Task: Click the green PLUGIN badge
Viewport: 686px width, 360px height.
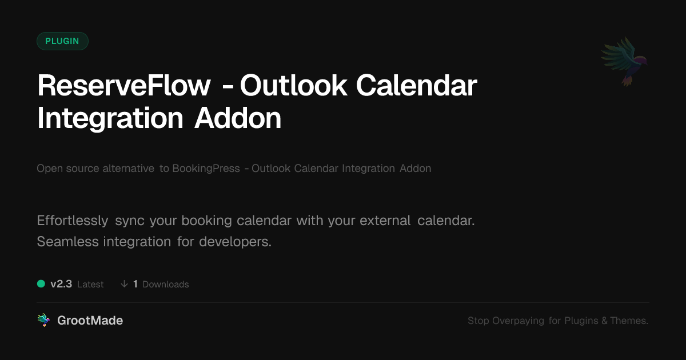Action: point(62,41)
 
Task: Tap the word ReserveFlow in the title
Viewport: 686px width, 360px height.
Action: point(124,86)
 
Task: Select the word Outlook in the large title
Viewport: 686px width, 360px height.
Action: point(294,86)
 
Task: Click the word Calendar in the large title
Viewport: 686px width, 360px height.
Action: point(417,86)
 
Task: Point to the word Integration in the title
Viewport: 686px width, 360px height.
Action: point(110,119)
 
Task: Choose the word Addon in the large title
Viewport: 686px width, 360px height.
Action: point(238,118)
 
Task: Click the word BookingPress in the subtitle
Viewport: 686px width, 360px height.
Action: point(206,169)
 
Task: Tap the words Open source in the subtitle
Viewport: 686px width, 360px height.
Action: point(67,169)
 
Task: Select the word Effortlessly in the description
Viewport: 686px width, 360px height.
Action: point(73,221)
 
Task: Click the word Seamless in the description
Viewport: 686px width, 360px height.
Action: point(67,242)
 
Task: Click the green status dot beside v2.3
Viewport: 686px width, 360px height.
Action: point(41,284)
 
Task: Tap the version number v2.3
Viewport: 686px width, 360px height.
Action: point(61,284)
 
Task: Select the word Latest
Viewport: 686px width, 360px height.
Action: point(90,285)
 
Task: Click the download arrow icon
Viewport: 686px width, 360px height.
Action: point(124,284)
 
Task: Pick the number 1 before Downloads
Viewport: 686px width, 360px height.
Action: point(135,284)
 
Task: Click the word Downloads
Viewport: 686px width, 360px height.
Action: point(166,285)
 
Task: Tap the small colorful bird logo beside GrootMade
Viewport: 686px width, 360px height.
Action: point(43,320)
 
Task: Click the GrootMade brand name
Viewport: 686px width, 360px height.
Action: point(90,321)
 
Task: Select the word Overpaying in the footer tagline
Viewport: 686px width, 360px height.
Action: point(518,321)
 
